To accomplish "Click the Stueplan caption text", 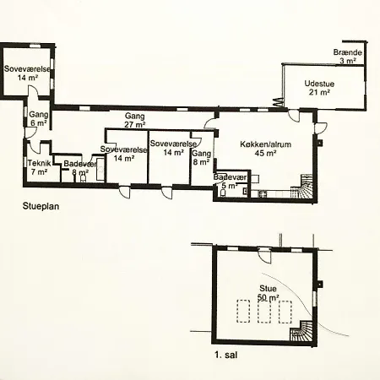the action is pos(41,206).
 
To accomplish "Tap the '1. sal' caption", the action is pos(226,355).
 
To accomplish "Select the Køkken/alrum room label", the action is pos(265,144).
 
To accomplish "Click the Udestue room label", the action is pos(319,84).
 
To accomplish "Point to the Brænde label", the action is pos(348,52).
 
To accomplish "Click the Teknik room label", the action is pos(40,163).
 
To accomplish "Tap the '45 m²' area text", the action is pos(265,153).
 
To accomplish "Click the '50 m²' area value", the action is pos(269,297).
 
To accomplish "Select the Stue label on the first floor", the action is pos(268,289).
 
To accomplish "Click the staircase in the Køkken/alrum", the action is pos(301,187).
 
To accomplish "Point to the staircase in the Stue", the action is pos(301,331).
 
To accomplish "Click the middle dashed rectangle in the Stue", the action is pos(264,312).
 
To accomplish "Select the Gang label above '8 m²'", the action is pos(201,154).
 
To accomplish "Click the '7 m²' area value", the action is pos(39,171).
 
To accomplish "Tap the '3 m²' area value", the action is pos(348,60).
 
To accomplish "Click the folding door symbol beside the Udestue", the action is pos(277,102).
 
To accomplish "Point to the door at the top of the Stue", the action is pos(265,256).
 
